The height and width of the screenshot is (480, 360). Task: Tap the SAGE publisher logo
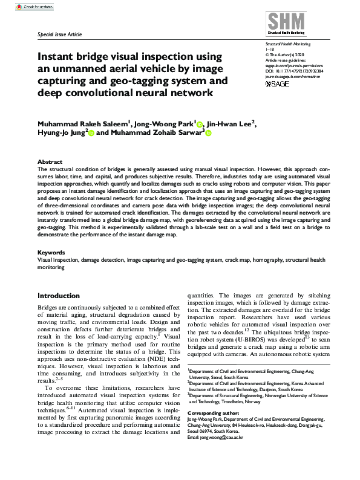click(278, 83)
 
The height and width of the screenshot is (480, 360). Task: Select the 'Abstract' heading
click(50, 162)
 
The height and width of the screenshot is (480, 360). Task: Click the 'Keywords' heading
click(51, 251)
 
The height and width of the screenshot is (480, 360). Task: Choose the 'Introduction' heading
click(59, 296)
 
